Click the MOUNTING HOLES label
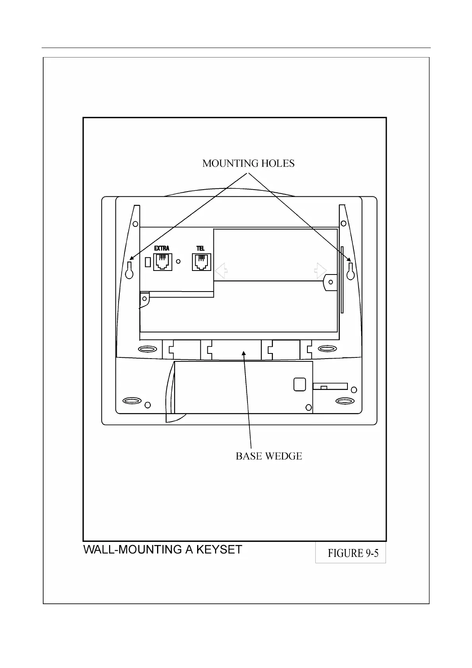pos(248,163)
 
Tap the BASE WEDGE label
pos(269,456)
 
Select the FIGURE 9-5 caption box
pos(351,553)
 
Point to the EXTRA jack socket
pos(162,262)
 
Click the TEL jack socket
pos(201,262)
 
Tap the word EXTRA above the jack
pos(162,248)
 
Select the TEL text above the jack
pos(201,248)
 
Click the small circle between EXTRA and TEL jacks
pos(178,261)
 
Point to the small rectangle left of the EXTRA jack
pos(148,262)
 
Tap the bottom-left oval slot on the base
pos(132,400)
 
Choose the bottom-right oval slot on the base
pos(345,401)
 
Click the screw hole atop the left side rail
pos(135,224)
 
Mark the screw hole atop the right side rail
pos(343,223)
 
